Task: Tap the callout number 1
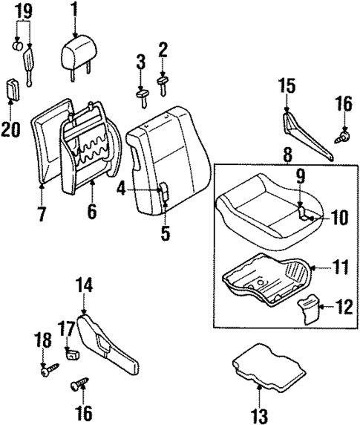coord(74,10)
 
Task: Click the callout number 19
coord(23,10)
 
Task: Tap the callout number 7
coord(42,215)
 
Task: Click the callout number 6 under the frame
coord(91,212)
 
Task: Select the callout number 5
coord(166,234)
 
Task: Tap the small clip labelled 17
coord(73,352)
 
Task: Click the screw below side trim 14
coord(77,386)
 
